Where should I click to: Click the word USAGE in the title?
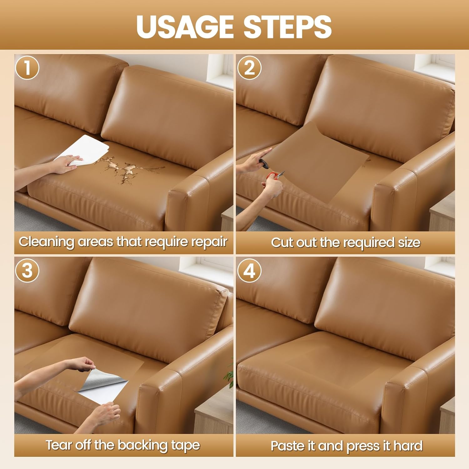pos(185,27)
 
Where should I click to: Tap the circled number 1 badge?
pos(27,68)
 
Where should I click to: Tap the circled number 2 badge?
pos(249,68)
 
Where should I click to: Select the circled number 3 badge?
pos(27,270)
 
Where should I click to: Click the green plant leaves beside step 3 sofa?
pos(231,375)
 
